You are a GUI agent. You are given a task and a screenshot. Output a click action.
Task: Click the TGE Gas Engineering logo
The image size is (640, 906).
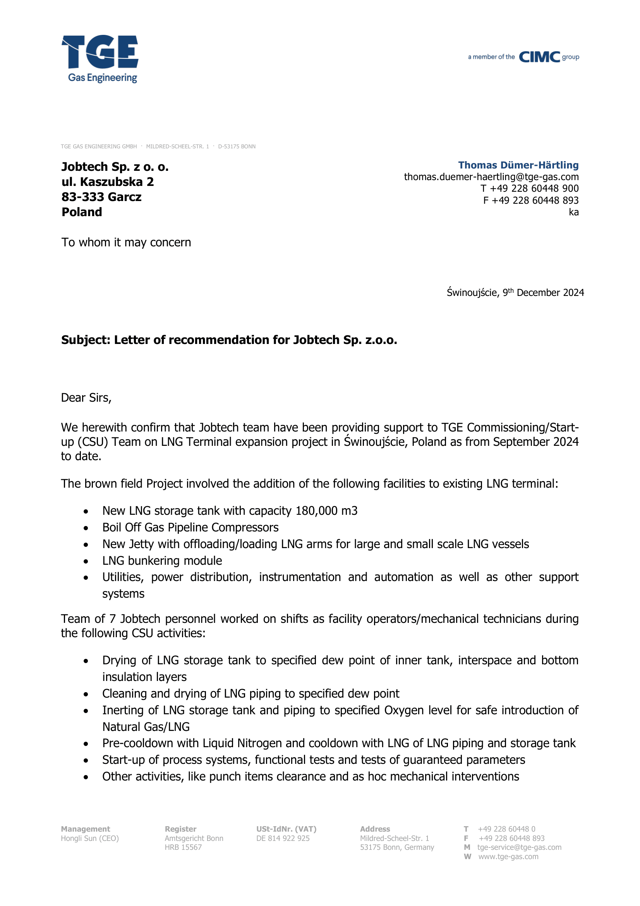coord(100,58)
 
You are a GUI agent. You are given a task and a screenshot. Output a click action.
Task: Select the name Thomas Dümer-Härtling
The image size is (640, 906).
coord(518,165)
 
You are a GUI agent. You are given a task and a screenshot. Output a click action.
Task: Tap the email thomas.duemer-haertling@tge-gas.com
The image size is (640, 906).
coord(491,177)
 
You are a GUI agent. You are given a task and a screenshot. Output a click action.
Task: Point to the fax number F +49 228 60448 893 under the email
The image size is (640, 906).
coord(530,201)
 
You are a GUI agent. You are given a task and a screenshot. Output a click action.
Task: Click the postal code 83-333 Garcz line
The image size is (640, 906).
coord(101,197)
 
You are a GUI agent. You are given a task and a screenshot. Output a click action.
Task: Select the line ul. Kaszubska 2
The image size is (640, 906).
coord(107,182)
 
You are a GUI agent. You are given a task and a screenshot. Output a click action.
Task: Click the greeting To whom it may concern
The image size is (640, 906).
coord(126,242)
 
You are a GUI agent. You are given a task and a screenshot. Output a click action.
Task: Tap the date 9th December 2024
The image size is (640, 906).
coord(543,292)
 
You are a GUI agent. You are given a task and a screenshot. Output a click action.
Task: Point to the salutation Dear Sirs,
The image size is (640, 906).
coord(86,398)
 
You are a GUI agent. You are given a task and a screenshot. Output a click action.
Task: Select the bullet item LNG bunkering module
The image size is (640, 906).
coord(162,560)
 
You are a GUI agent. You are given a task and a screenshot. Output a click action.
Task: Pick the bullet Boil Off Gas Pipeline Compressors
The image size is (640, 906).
coord(190,527)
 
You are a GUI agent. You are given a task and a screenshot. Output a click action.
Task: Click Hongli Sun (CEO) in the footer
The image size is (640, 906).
coord(89,838)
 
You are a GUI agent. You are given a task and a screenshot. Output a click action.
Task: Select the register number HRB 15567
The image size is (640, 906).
coord(183,847)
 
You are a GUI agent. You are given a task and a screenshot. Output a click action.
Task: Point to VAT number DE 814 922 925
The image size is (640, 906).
coord(283,838)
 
